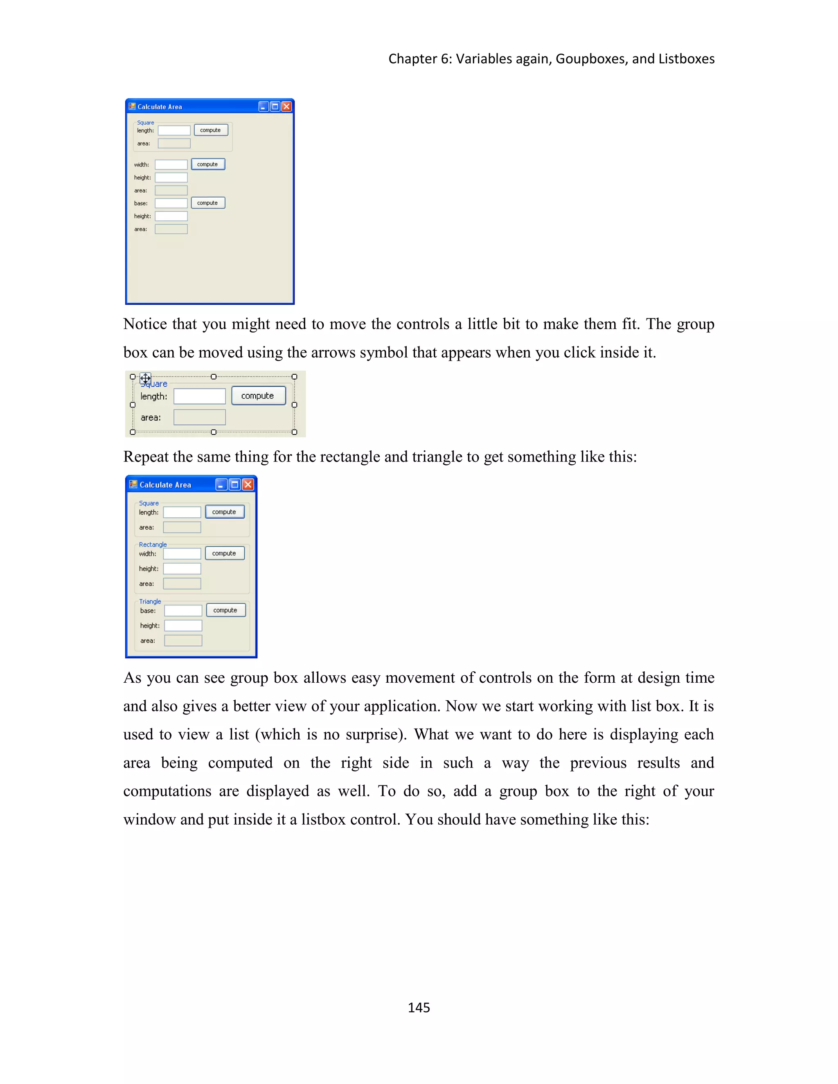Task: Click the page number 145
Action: [419, 1007]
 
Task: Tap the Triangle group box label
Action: [150, 602]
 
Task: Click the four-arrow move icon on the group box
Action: [145, 378]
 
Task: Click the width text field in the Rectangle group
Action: [182, 553]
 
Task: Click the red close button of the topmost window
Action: [286, 107]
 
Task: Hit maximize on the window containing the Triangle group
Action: [235, 484]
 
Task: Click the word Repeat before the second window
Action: [145, 457]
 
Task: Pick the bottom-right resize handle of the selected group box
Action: [294, 432]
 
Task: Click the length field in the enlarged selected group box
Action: [199, 396]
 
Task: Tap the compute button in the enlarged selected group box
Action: [258, 396]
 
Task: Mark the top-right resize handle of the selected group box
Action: [294, 377]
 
